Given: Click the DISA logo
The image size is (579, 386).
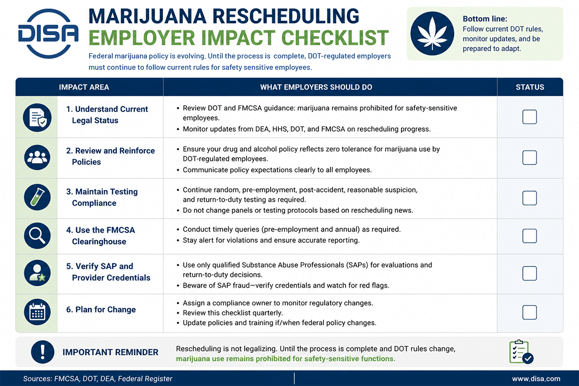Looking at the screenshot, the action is coord(48,34).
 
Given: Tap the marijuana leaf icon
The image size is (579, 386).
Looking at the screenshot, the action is coord(432,34).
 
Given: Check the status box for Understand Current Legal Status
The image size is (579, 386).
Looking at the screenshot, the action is coord(529,117).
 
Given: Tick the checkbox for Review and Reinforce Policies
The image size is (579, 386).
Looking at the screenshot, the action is coord(529,158).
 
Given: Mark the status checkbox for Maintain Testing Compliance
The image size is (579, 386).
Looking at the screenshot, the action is coord(529,198).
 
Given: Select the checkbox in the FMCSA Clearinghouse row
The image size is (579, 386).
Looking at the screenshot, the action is coord(529,236).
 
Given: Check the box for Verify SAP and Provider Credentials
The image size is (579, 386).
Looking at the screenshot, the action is coord(529,273).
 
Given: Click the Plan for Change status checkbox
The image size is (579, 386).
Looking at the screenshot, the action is coord(529,312).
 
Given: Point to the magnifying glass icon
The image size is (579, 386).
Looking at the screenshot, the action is coord(37,236).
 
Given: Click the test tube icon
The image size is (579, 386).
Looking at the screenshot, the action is coord(37,197).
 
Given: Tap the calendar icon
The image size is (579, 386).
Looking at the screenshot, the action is coord(37,312).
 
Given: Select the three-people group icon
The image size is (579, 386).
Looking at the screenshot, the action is coord(37,157).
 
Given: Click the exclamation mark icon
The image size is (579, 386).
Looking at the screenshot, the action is coord(42,352).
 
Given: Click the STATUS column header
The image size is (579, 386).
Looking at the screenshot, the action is coord(530,87).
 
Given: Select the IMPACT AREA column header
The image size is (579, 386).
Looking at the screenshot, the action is coord(84,87).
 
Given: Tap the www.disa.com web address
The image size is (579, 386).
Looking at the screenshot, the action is coord(536,379).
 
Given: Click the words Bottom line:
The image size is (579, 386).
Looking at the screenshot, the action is coord(485,19).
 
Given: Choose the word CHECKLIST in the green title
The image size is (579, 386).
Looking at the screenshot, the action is coord(335,38).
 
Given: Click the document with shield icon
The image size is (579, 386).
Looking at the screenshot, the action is coord(37,118).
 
